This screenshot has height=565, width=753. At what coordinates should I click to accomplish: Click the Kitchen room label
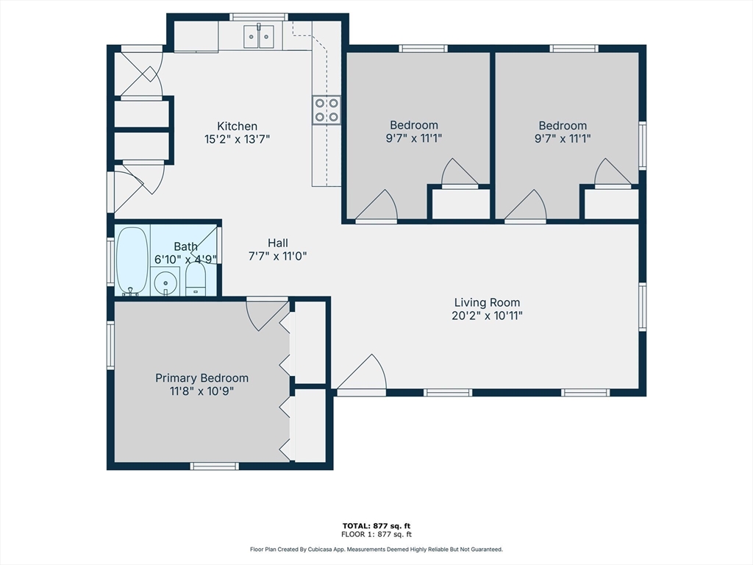[238, 127]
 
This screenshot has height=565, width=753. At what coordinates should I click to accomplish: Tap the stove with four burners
[326, 110]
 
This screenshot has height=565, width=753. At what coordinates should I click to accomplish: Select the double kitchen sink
[259, 37]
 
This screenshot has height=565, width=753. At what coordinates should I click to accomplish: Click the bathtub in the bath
[132, 261]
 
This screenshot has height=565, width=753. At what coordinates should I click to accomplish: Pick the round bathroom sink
[165, 282]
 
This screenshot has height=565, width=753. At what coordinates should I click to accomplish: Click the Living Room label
[487, 302]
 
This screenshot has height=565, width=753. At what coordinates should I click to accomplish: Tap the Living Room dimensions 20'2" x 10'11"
[487, 316]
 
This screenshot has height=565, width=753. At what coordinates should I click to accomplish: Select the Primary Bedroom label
[201, 378]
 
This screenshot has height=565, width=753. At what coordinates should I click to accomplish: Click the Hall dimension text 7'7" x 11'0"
[277, 256]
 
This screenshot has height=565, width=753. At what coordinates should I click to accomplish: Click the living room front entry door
[362, 374]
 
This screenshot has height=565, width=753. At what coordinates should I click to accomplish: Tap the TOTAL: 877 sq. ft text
[376, 526]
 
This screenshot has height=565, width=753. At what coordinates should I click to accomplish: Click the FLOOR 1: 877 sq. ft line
[376, 534]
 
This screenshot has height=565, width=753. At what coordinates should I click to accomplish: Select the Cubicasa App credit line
[376, 549]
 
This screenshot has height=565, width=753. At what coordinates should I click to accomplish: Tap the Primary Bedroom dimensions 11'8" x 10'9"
[201, 391]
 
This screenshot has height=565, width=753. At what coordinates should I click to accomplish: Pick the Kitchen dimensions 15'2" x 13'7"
[238, 139]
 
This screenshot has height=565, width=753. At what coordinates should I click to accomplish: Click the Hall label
[277, 243]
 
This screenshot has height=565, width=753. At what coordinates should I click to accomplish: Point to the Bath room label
[185, 247]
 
